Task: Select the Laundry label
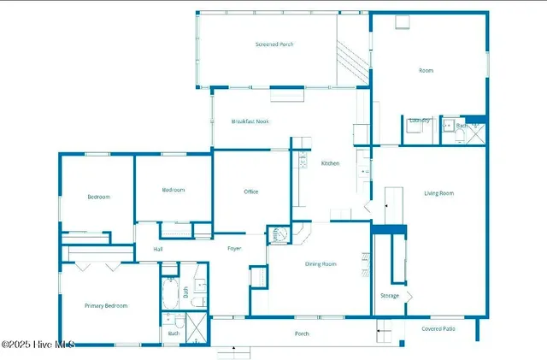click(419, 121)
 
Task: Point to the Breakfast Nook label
click(250, 122)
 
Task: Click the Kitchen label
click(330, 163)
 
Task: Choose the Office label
click(250, 192)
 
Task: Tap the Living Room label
click(438, 193)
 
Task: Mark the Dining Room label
click(321, 264)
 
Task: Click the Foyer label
click(234, 249)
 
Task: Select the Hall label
click(158, 250)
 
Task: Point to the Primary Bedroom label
click(106, 306)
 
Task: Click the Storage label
click(389, 296)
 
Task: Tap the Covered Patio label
click(438, 328)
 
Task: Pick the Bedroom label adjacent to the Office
click(174, 191)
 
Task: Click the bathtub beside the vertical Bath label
click(171, 292)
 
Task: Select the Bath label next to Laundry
click(462, 127)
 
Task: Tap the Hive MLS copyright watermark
click(38, 345)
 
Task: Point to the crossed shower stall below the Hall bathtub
click(196, 328)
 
